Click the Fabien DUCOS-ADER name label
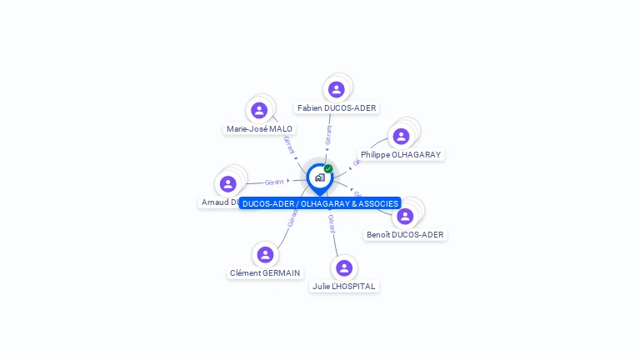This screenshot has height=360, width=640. (337, 108)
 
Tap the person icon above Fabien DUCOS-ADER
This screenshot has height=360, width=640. (337, 89)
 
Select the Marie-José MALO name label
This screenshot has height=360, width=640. (259, 129)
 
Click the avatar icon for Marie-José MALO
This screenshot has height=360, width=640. (259, 110)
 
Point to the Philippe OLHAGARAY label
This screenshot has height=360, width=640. (401, 155)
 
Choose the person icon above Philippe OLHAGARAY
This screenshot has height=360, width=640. (401, 137)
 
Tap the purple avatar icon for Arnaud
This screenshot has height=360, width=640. (227, 183)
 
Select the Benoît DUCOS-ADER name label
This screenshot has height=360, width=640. (405, 235)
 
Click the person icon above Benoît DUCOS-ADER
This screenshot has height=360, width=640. (405, 216)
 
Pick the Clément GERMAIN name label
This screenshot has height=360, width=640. (265, 273)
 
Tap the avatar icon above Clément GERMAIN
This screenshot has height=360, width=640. (265, 254)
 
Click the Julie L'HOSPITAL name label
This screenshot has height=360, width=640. (343, 287)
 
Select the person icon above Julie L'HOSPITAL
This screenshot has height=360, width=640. (343, 267)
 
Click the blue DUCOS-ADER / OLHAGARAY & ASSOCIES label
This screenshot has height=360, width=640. (320, 203)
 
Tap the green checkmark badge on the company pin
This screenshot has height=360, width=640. (328, 168)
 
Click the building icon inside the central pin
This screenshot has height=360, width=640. (319, 177)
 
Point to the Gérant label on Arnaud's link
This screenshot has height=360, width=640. (274, 182)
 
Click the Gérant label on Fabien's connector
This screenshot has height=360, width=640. (329, 136)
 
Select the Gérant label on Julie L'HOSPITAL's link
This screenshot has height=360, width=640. (332, 222)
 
